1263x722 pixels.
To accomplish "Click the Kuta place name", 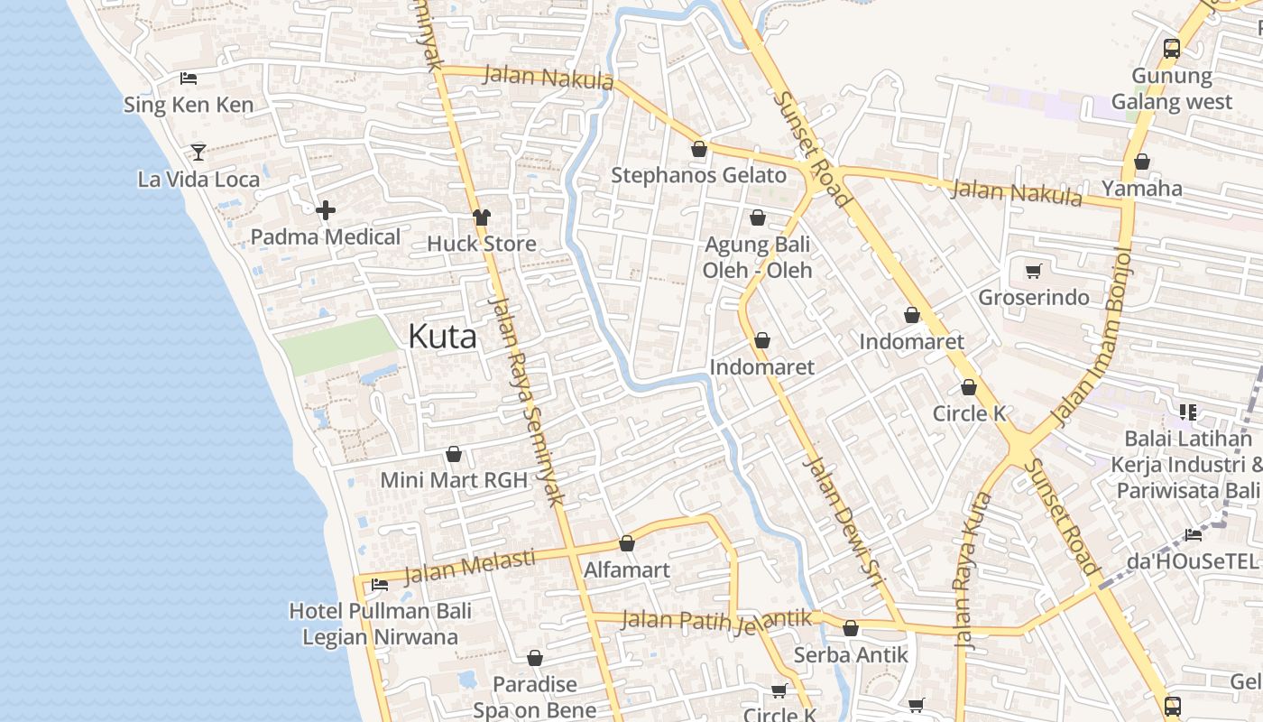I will point(442,337).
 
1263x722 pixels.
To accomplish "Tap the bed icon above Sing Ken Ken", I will point(189,79).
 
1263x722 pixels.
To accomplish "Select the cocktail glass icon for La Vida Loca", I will point(198,152).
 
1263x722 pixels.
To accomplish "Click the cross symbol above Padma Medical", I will point(326,210).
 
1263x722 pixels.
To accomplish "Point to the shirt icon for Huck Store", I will point(482,218).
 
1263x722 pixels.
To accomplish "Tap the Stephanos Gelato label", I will point(699,175).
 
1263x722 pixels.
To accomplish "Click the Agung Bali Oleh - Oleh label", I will point(758,257).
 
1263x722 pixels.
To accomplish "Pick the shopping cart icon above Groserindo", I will point(1034,271).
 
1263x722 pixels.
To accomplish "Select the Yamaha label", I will point(1142,189).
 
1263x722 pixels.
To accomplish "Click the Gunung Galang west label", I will point(1171,89).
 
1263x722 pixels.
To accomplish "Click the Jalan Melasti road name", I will point(469,567).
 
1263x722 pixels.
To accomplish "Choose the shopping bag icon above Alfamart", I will point(627,543).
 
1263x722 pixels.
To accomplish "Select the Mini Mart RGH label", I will point(454,480).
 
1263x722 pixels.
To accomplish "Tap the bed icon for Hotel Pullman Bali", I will point(380,585).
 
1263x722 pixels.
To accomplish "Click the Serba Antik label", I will point(851,655).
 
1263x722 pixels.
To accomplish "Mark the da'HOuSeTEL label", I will point(1192,561).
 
